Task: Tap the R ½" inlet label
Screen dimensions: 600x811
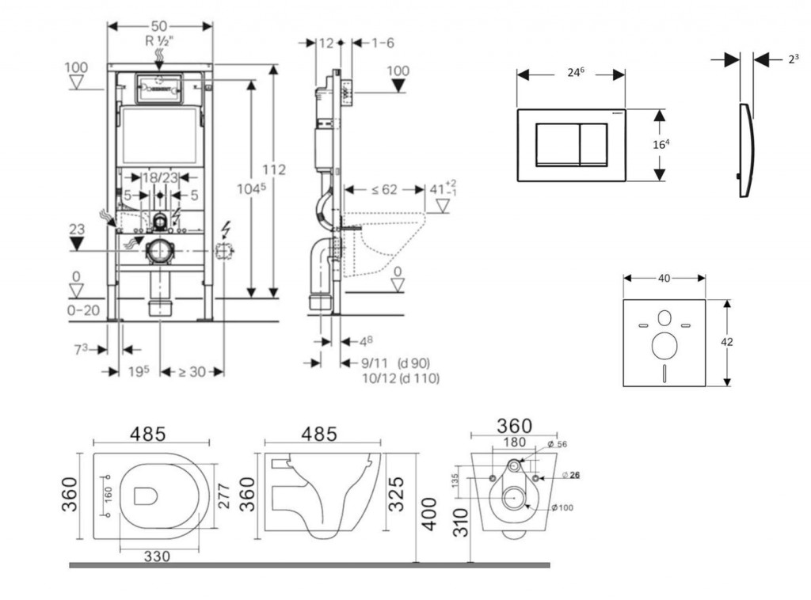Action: (x=160, y=40)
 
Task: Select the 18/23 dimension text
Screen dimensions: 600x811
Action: (x=161, y=178)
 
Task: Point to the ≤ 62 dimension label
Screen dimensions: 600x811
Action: (x=385, y=190)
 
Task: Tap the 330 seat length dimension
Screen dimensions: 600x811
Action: (x=157, y=557)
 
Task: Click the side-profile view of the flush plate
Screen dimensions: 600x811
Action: (x=745, y=150)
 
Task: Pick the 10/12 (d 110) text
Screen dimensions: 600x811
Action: (x=401, y=379)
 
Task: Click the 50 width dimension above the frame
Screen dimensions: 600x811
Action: (x=160, y=25)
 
